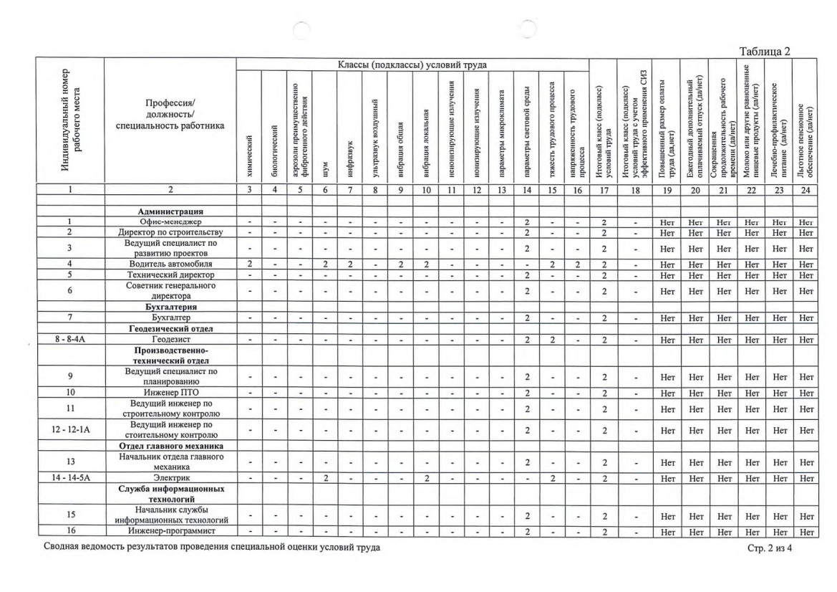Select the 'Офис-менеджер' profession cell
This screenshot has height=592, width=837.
[170, 223]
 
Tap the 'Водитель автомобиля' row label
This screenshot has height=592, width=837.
[170, 264]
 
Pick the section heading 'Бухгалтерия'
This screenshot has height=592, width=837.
[170, 306]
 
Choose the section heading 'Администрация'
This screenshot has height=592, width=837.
[170, 212]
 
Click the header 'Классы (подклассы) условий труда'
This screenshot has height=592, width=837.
[411, 65]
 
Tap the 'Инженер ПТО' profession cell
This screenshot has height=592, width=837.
[170, 393]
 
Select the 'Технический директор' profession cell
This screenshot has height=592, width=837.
[170, 275]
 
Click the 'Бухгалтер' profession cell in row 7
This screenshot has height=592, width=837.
[170, 317]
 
